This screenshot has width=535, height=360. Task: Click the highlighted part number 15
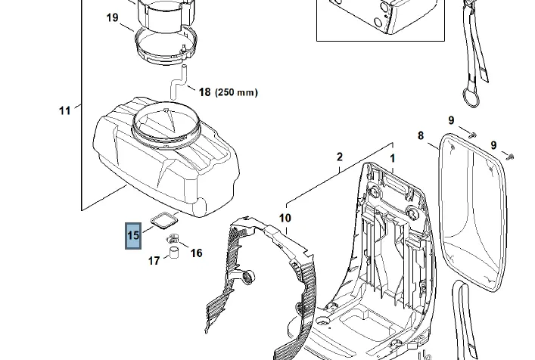click(133, 235)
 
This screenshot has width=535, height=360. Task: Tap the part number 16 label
click(196, 253)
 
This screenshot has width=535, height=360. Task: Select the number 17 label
click(154, 261)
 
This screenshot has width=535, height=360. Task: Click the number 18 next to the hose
click(204, 92)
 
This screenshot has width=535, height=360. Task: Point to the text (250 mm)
click(236, 92)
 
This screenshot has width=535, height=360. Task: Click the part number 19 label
click(112, 17)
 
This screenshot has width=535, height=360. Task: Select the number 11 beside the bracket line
click(65, 110)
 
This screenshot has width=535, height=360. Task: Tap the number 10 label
click(285, 218)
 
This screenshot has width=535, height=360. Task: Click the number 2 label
click(340, 157)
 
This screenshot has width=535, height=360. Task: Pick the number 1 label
click(393, 158)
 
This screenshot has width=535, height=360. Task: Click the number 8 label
click(421, 135)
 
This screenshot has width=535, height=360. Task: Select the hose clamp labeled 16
click(173, 238)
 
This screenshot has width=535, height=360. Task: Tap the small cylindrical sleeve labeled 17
click(174, 253)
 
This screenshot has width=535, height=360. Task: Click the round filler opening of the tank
click(166, 126)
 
